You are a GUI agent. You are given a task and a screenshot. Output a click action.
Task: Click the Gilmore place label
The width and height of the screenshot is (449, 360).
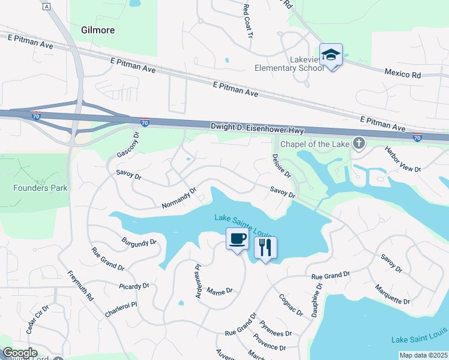pos(98,30)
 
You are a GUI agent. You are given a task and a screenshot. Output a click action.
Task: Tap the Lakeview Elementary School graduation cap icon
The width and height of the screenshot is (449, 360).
pos(331,55)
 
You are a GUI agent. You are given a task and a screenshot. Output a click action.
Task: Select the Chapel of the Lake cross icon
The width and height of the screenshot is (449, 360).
pos(358,143)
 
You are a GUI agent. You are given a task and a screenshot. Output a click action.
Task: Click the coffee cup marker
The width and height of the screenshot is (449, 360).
pos(237,239)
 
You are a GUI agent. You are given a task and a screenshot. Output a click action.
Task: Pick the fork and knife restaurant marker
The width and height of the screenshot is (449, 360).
pos(265,247)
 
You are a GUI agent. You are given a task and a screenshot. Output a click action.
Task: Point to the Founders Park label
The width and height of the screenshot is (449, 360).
pos(41,188)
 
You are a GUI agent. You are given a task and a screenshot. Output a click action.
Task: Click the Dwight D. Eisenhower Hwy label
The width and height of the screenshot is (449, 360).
pos(257,128)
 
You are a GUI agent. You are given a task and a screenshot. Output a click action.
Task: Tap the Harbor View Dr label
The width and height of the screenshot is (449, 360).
pos(403,160)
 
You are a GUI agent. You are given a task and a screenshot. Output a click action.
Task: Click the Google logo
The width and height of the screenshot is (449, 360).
pos(20,353)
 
